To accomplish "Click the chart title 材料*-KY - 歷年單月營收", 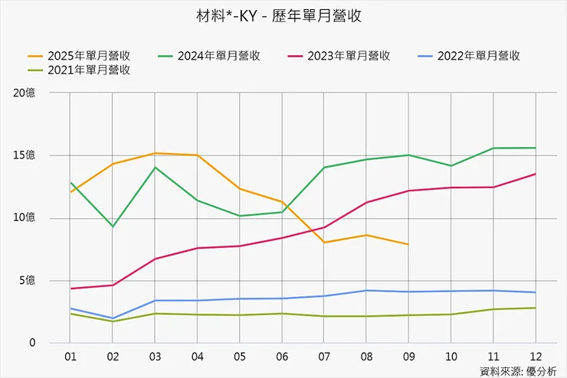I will pos(284,15).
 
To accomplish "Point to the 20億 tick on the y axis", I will pos(25,93).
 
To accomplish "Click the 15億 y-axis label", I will pos(25,155).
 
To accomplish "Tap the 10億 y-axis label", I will pos(25,218).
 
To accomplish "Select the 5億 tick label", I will pos(27,281).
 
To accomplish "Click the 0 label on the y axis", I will pos(32,344).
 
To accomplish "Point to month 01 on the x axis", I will pos(70,357).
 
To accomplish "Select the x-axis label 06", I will pos(281,357).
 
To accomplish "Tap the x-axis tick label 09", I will pos(408,357).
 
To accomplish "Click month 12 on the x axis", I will pos(535,357).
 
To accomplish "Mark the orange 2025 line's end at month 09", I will pos(408,244).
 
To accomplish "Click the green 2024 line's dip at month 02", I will pos(113,226).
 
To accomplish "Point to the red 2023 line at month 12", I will pos(535,174).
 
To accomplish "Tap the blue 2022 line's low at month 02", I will pos(113,318).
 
